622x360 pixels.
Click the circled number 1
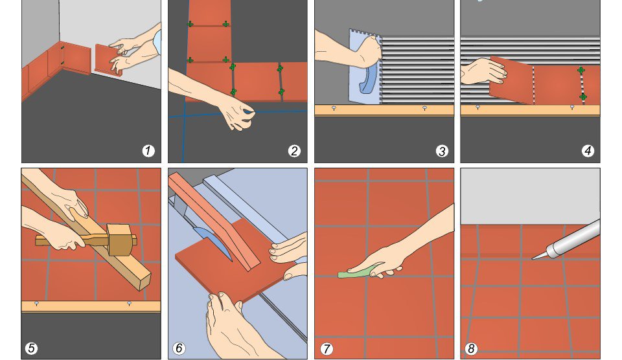[x=148, y=151]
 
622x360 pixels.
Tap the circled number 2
[x=294, y=151]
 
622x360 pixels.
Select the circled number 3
[x=441, y=151]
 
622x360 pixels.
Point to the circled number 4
[x=588, y=151]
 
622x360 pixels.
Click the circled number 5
[x=31, y=348]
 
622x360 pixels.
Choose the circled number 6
[x=179, y=348]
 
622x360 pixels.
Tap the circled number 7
[x=327, y=349]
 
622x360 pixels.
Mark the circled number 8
[x=471, y=348]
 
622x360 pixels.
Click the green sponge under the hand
[x=355, y=273]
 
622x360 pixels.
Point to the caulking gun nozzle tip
[x=533, y=259]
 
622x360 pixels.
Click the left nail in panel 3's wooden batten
[x=334, y=108]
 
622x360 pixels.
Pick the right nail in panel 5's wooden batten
[x=129, y=304]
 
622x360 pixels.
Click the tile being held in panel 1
[x=109, y=60]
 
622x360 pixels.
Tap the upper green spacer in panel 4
[x=581, y=71]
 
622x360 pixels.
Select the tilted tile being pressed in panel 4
[x=511, y=80]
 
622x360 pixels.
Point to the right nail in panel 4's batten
[x=571, y=107]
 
